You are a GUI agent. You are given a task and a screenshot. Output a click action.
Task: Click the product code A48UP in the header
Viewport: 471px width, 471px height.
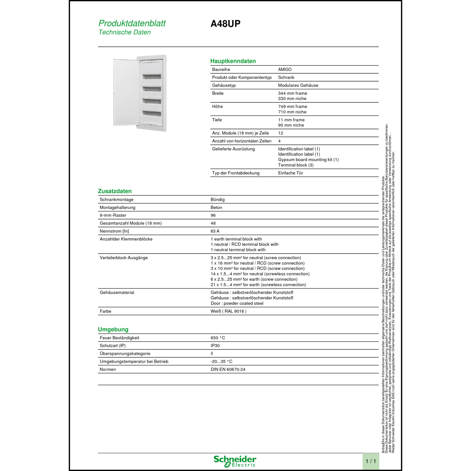(x=225, y=24)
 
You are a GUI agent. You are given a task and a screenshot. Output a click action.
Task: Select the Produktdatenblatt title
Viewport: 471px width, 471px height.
(x=132, y=23)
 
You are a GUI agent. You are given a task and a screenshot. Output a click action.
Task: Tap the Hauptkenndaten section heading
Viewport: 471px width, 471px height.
(x=233, y=61)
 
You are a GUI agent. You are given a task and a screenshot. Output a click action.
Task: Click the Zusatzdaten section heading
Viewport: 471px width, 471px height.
(x=115, y=191)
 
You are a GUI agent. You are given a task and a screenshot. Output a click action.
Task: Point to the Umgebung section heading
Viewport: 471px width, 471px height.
(x=113, y=329)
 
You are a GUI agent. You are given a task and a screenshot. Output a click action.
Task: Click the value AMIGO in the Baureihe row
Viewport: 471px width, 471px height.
(x=285, y=69)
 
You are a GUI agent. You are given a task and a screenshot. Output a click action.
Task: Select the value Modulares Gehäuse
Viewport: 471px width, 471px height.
(x=298, y=85)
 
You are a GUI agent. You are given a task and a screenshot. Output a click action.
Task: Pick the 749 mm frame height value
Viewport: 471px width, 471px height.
(x=292, y=106)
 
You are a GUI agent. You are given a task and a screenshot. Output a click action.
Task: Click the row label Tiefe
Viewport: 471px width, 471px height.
(x=217, y=120)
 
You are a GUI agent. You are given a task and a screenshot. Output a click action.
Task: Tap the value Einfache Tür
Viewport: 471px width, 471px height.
(x=290, y=173)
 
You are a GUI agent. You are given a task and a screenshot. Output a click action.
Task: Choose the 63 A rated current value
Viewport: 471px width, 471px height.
(x=215, y=231)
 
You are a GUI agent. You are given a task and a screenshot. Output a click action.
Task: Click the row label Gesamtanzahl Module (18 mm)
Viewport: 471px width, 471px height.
(x=131, y=223)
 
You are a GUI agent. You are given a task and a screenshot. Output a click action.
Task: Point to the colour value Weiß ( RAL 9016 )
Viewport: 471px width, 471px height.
(x=228, y=311)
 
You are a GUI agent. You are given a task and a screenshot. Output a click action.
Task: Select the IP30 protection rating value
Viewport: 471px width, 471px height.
(x=215, y=346)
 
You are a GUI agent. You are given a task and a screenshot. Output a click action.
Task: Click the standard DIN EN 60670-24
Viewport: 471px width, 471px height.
(x=228, y=370)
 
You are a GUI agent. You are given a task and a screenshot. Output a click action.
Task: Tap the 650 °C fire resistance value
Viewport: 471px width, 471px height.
(x=218, y=338)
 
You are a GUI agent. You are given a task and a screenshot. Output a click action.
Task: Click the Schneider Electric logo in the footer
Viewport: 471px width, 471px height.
(x=235, y=461)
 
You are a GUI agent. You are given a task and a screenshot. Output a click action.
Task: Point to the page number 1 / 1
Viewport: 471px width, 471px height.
(x=371, y=461)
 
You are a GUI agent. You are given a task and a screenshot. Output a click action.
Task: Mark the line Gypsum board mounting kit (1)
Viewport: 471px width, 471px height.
(x=308, y=160)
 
